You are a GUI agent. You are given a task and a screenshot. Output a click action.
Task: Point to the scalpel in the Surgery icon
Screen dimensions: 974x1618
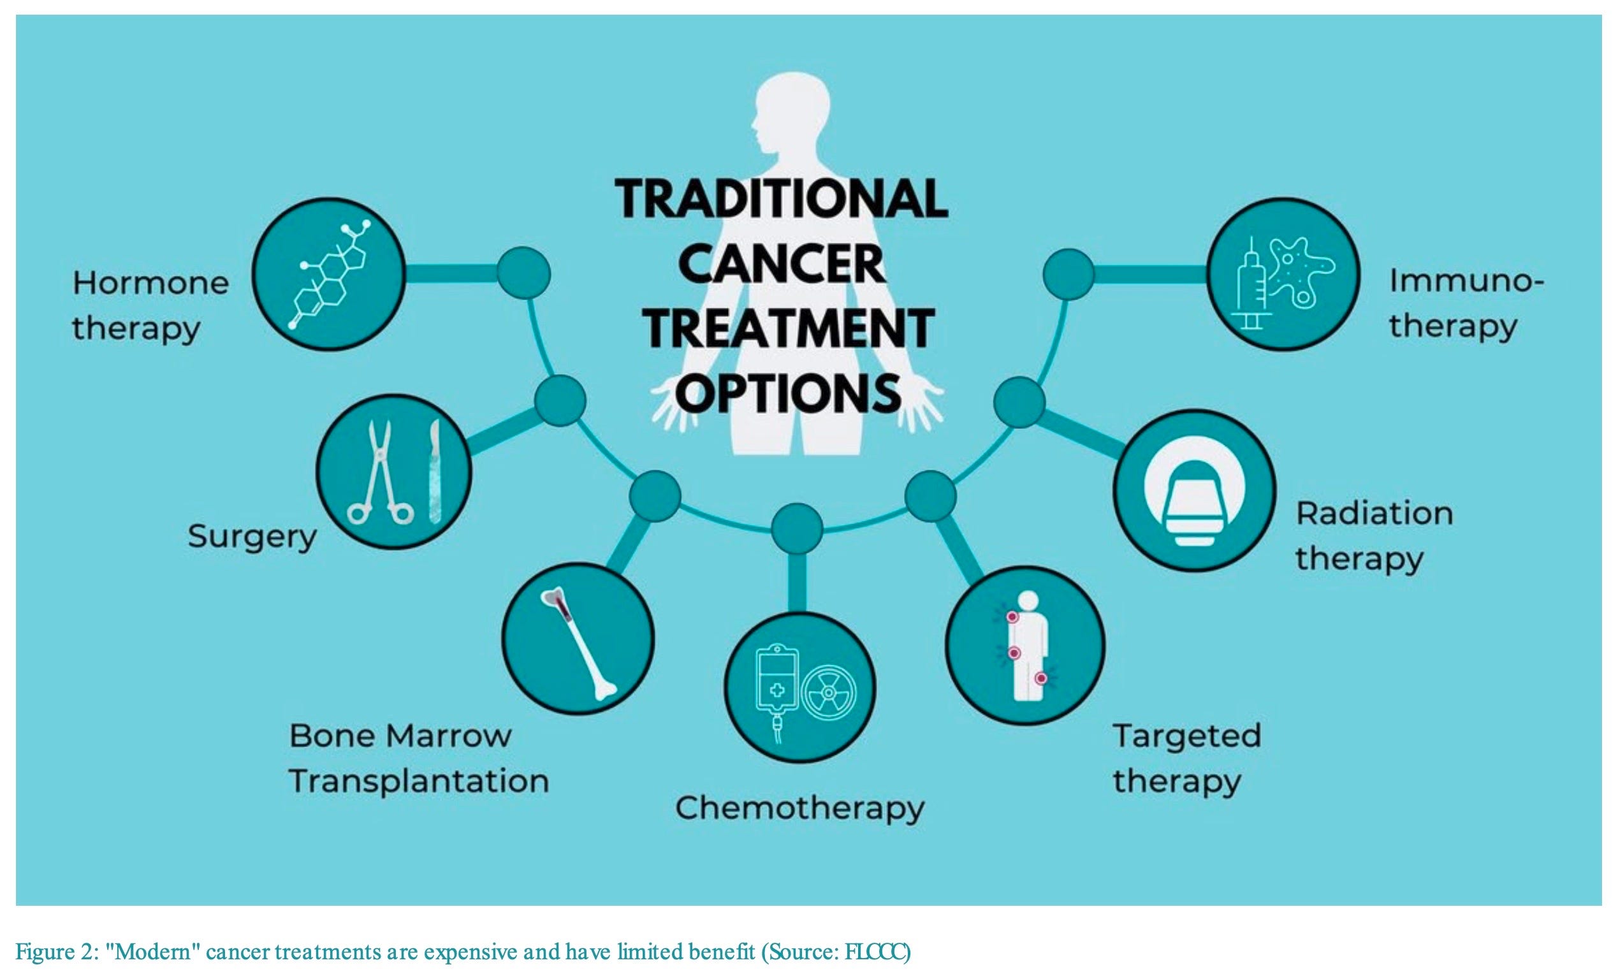click(435, 472)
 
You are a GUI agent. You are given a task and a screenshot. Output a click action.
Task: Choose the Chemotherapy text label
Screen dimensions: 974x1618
click(799, 809)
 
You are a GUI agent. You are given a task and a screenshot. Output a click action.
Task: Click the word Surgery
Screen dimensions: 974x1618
click(252, 537)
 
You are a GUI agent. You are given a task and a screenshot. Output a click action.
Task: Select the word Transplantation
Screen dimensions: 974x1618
click(419, 781)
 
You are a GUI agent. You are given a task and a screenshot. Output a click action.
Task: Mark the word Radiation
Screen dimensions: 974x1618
click(1374, 513)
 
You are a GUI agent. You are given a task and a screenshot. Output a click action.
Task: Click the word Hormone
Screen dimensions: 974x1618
click(150, 284)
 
